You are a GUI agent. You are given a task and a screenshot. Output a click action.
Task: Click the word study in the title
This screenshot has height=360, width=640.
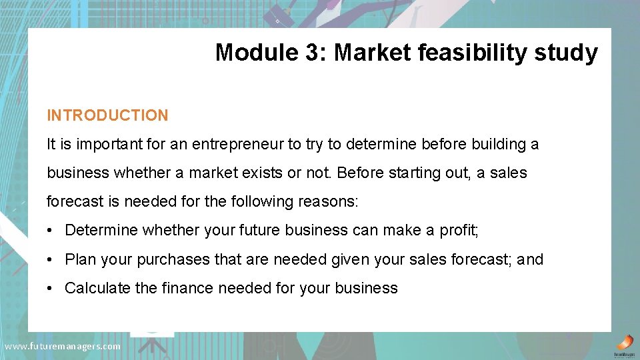567,52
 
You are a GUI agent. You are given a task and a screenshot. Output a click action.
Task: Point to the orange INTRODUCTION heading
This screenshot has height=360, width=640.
107,115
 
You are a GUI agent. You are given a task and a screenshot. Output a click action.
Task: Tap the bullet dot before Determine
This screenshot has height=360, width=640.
51,231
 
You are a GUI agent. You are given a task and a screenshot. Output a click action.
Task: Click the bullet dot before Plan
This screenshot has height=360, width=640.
51,259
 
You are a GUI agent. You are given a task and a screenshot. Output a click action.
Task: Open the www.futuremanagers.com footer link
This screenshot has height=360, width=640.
63,346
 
